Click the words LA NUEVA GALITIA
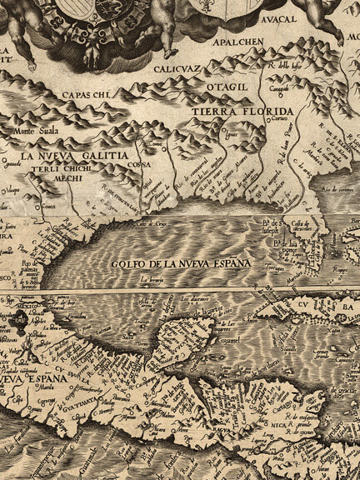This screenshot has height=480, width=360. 75,156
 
